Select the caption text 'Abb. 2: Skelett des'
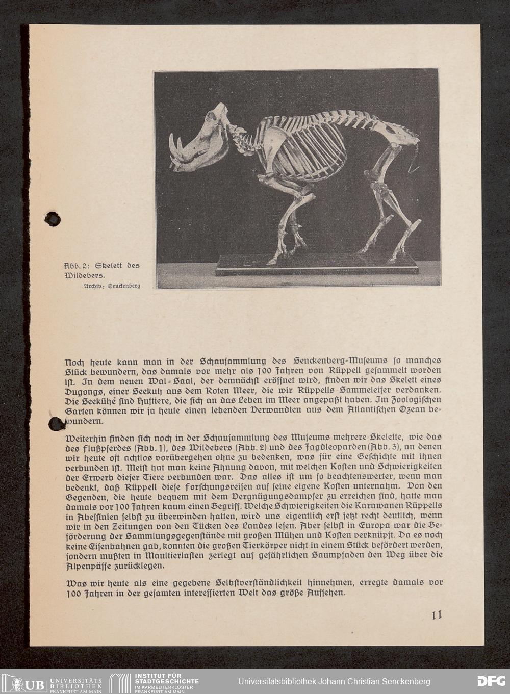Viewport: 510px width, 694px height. tap(101, 266)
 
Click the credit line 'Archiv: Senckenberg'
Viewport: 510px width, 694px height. tap(112, 286)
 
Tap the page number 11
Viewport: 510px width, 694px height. tap(437, 615)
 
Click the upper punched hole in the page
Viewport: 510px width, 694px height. tap(53, 219)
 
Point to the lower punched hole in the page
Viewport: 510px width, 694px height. tap(56, 423)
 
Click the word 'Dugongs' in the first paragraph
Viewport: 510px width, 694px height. tap(85, 390)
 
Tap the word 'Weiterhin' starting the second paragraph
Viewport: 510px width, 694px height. tap(86, 438)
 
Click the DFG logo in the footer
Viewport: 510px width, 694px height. tap(491, 681)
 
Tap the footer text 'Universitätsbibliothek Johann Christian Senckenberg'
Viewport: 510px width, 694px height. tap(334, 682)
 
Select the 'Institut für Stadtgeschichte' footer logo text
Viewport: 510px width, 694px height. tap(166, 681)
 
